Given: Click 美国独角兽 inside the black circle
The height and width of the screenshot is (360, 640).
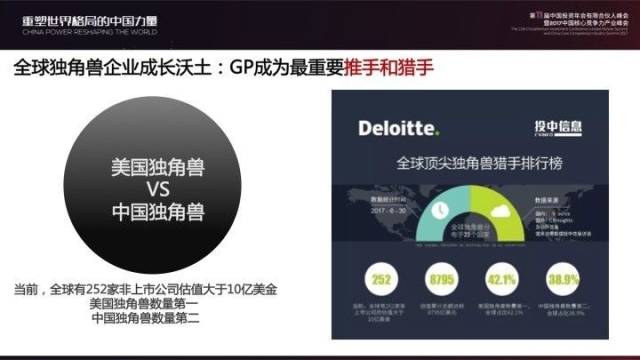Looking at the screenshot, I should [157, 166].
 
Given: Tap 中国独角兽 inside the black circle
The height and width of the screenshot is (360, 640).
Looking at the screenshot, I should [157, 212].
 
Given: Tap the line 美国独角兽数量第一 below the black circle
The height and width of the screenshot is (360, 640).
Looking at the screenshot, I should [145, 304].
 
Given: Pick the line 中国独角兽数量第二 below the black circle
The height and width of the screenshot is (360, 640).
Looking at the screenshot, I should [145, 319].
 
